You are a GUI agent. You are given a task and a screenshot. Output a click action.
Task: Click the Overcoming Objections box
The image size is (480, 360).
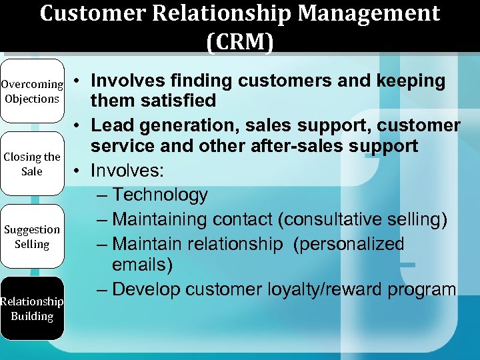(32, 92)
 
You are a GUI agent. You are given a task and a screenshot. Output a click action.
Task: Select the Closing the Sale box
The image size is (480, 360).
(32, 164)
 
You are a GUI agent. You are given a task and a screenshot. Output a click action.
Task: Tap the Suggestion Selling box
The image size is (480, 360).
(32, 237)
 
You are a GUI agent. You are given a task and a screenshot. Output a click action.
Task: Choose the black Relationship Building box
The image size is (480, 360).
(32, 309)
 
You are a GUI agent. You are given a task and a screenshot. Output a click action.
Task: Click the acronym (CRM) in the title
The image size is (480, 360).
(240, 42)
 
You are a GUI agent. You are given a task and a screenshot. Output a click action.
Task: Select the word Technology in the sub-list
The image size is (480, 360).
(160, 195)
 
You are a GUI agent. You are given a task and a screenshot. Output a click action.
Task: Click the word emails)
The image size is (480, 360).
(142, 265)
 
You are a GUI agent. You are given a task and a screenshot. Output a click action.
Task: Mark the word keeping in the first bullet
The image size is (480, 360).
(411, 81)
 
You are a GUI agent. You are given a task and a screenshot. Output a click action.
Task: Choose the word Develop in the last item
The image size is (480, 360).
(147, 289)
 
